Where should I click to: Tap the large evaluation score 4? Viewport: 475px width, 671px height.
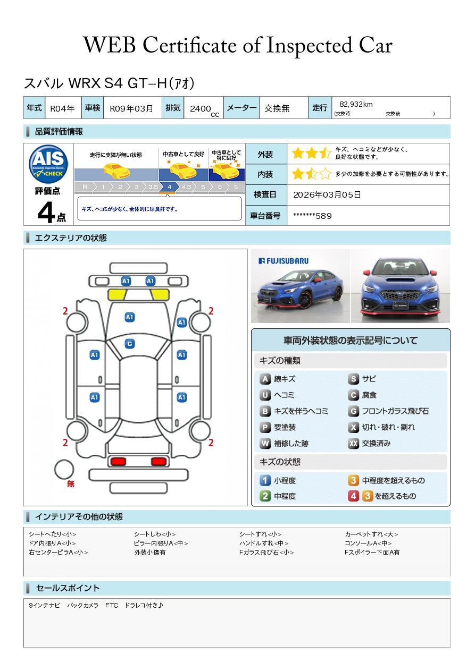click(x=46, y=213)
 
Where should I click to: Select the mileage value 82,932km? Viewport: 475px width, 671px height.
click(x=356, y=104)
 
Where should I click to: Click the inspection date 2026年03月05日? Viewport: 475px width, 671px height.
click(x=327, y=194)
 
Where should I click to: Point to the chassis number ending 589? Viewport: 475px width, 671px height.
click(x=312, y=216)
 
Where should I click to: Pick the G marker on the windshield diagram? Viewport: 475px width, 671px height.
click(x=129, y=344)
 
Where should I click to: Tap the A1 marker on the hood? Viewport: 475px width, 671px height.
click(x=129, y=317)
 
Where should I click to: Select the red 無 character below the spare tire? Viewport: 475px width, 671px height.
click(x=71, y=484)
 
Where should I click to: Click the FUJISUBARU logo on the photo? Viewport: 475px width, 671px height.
click(x=283, y=261)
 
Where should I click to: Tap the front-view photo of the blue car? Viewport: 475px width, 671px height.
click(x=400, y=286)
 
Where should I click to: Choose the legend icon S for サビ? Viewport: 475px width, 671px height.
click(x=353, y=379)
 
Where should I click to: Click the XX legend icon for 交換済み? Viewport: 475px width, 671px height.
click(x=353, y=443)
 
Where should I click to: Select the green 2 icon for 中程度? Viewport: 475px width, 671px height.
click(x=265, y=496)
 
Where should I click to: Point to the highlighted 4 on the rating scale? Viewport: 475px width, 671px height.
click(x=169, y=187)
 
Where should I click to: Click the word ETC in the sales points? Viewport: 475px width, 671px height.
click(x=112, y=605)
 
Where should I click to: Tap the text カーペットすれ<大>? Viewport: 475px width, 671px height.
click(x=371, y=534)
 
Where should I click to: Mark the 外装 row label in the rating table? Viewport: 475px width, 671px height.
click(x=265, y=154)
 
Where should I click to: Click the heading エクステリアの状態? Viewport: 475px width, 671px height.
click(x=71, y=238)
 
